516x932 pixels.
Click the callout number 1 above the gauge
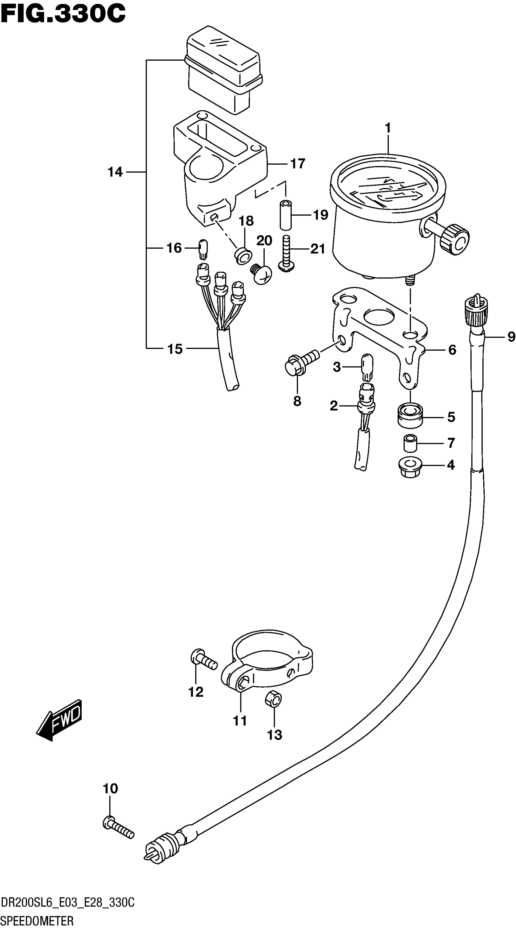tap(388, 128)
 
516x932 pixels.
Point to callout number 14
tap(115, 172)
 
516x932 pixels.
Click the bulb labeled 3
tap(367, 367)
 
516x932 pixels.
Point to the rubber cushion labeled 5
tap(410, 416)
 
